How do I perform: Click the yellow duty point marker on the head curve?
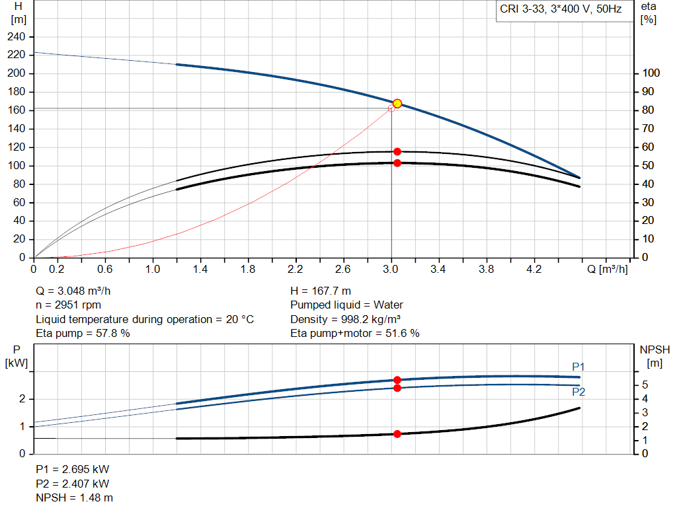click(x=397, y=104)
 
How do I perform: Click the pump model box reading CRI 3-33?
click(x=561, y=11)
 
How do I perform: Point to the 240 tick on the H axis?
click(x=18, y=36)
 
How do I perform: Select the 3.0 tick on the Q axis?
click(x=391, y=270)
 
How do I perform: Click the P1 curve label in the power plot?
click(x=578, y=367)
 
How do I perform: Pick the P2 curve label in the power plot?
click(x=578, y=392)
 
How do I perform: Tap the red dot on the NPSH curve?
click(x=397, y=434)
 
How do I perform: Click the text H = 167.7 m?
click(x=321, y=291)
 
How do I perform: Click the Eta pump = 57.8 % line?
click(x=83, y=334)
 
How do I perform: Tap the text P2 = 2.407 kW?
click(x=72, y=484)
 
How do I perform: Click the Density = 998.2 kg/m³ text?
click(x=345, y=319)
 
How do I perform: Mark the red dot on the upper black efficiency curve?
click(x=397, y=152)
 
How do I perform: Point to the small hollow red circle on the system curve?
click(x=391, y=108)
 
